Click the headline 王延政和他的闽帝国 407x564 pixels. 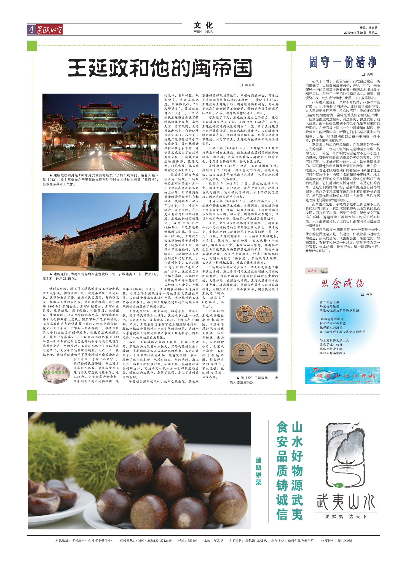pyautogui.click(x=160, y=68)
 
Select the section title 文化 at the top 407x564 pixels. pyautogui.click(x=203, y=26)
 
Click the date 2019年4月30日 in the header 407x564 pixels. pyautogui.click(x=355, y=33)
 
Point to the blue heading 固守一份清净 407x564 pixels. pyautogui.click(x=342, y=62)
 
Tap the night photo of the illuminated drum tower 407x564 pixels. pyautogui.click(x=100, y=132)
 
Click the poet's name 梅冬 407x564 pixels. pyautogui.click(x=369, y=294)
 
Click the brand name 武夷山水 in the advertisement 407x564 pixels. pyautogui.click(x=346, y=502)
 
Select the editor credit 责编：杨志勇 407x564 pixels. pyautogui.click(x=368, y=28)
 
